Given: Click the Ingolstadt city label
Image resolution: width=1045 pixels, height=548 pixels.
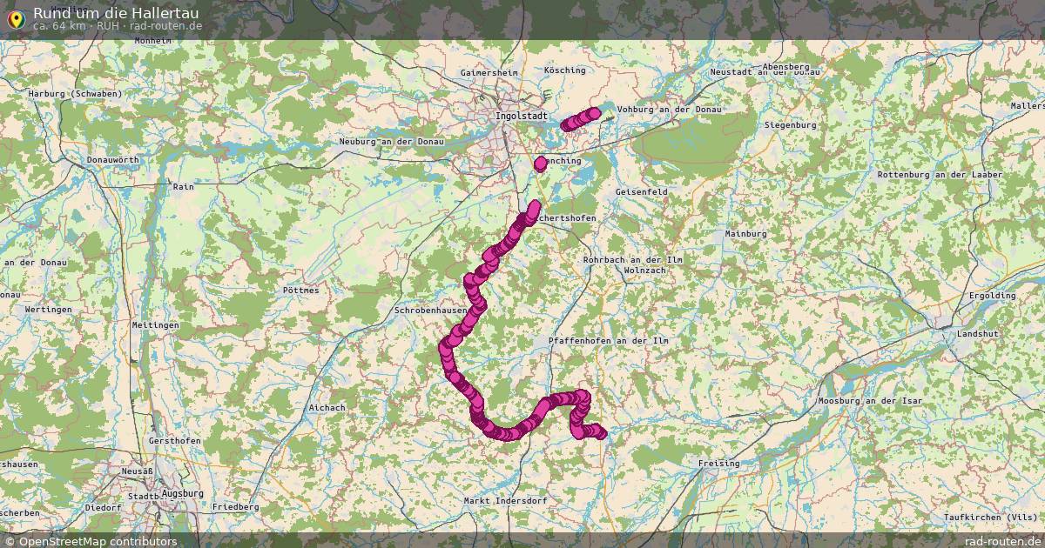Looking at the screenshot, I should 521,116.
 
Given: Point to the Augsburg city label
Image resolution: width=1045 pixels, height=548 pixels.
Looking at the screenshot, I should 182,493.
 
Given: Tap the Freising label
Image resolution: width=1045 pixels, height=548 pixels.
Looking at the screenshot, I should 718,464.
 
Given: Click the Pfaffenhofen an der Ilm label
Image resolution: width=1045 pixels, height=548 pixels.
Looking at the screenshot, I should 609,341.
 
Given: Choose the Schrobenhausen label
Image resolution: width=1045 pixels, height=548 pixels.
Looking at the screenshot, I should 430,310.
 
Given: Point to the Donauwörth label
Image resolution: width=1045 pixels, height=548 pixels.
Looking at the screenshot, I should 112,161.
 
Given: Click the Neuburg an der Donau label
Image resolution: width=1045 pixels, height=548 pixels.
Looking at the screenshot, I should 391,142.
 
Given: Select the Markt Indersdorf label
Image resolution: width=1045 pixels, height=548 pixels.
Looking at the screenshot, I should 505,501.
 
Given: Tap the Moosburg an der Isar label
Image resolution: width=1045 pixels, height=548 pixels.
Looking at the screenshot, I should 869,401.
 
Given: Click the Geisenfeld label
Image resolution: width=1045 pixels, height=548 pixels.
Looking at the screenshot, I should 641,191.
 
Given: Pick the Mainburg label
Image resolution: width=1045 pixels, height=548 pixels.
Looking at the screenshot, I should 745,234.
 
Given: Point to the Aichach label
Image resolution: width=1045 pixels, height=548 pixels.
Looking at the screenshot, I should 327,407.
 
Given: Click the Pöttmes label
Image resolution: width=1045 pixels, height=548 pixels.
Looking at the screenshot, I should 301,291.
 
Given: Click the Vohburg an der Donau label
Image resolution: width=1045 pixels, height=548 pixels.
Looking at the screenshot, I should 669,110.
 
